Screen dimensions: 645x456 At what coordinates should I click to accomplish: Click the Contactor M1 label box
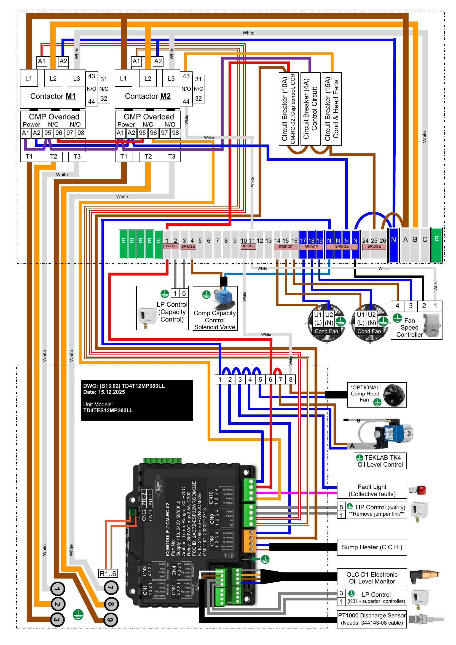tap(53, 96)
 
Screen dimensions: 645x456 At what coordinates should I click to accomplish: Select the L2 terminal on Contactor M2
tap(148, 79)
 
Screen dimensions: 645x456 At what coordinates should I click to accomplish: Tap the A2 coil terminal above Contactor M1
tap(63, 61)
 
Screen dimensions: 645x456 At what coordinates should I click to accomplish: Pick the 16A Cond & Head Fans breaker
tap(332, 109)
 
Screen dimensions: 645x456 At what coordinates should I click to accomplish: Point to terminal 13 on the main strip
tap(269, 241)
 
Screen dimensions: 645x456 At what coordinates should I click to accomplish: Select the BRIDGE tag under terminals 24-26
tap(374, 247)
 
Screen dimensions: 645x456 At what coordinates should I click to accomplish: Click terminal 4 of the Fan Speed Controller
tap(397, 306)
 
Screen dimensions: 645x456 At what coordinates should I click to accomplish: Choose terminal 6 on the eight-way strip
tap(270, 379)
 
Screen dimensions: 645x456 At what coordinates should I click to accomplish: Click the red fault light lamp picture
tap(418, 490)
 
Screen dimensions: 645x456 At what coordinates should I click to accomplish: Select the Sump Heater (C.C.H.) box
tap(372, 547)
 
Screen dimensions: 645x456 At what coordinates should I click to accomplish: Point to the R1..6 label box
tap(108, 573)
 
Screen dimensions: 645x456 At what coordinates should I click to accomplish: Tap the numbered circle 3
tap(57, 620)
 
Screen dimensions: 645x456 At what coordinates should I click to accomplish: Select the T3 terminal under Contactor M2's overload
tap(171, 156)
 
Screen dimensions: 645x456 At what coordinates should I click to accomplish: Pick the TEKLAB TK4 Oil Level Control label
tap(380, 461)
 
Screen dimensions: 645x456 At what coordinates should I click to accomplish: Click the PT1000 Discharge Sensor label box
tap(372, 619)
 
